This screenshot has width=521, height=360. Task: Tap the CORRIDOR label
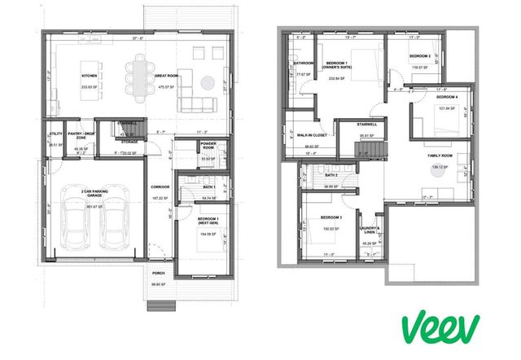(x=160, y=187)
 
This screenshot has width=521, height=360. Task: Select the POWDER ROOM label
(x=207, y=147)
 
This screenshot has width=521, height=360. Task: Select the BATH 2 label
(x=331, y=175)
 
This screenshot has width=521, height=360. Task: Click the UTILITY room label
(x=56, y=134)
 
